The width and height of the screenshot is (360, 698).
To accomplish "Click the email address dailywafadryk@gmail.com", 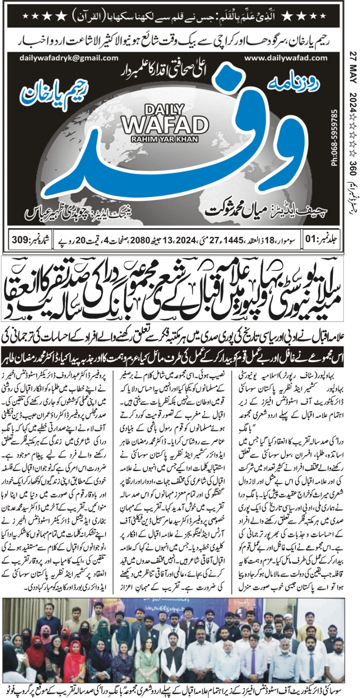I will (x=69, y=58).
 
